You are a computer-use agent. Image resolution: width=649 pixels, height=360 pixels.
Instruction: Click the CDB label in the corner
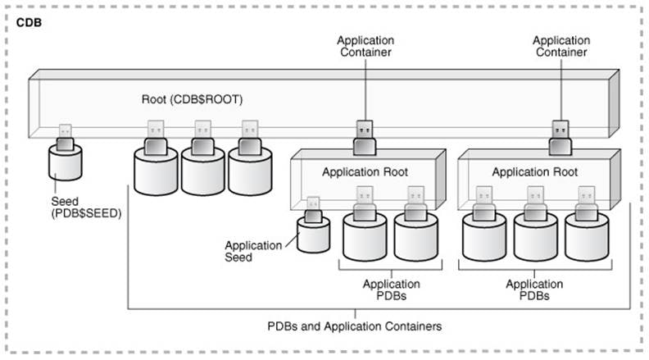click(x=29, y=22)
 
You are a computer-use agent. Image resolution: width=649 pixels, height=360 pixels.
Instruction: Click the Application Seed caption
click(x=252, y=251)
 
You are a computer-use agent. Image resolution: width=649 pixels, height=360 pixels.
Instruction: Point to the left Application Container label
click(x=366, y=46)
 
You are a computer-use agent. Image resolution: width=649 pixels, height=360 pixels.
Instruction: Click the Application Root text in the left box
click(x=365, y=172)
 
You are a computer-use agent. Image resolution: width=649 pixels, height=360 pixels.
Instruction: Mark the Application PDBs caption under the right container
click(x=533, y=289)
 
